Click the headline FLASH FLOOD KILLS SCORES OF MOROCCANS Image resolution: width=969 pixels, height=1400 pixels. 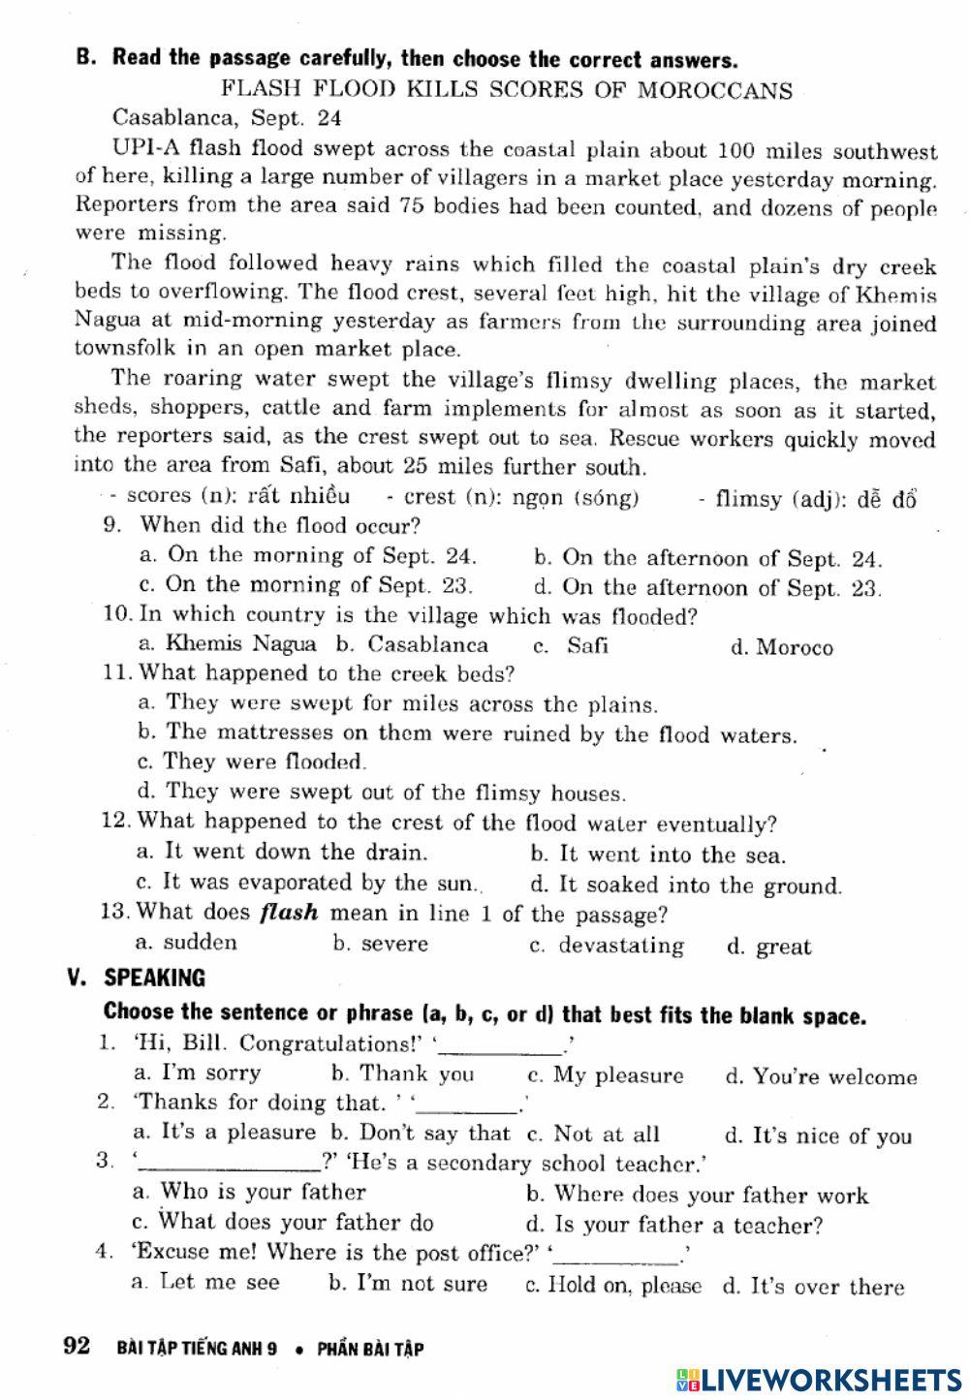tap(506, 90)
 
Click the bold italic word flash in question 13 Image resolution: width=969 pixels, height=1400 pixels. tap(289, 913)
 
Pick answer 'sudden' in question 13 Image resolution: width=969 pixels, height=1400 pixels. tap(199, 942)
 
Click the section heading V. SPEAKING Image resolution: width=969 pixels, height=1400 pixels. tap(137, 977)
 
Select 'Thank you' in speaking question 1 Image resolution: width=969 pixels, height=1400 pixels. tap(416, 1073)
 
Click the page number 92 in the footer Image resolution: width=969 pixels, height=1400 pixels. tap(76, 1346)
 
